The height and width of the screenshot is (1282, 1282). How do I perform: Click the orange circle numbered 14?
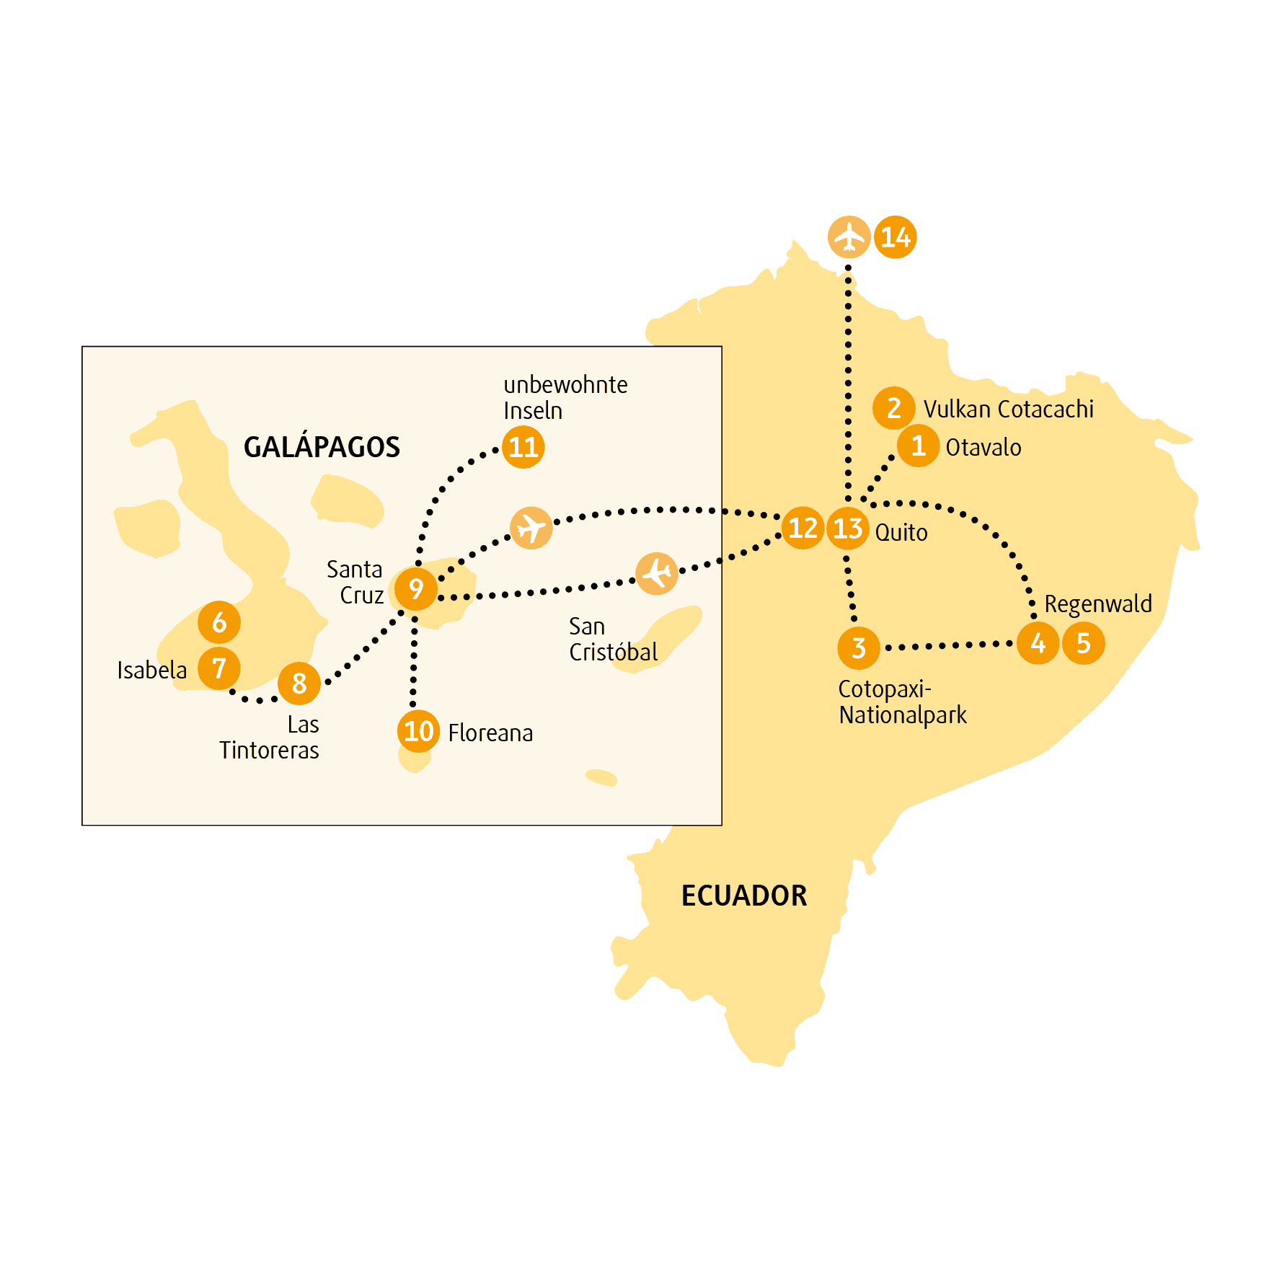[x=895, y=237]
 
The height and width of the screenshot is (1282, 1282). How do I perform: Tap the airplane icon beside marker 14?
[x=849, y=237]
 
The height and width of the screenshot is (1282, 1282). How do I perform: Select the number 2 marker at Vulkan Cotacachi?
[x=894, y=408]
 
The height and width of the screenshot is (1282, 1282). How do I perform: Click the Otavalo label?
[x=983, y=447]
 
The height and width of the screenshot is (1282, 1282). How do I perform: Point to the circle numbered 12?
[x=803, y=528]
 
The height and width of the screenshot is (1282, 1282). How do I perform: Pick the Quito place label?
[x=901, y=533]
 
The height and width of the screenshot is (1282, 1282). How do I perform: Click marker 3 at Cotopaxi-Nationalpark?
[x=859, y=647]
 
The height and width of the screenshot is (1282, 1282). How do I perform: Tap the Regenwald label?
[x=1098, y=604]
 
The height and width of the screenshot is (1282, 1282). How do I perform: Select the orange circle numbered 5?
[x=1083, y=643]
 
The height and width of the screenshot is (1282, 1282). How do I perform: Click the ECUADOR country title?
[x=744, y=896]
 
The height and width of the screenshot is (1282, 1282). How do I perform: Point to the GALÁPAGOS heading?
[x=322, y=447]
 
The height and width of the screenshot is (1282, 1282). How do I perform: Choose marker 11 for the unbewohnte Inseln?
[x=523, y=447]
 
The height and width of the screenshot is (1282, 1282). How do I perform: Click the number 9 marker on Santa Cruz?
[x=416, y=589]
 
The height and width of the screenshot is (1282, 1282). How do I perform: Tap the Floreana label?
[x=490, y=733]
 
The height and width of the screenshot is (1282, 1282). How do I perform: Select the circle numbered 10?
[x=418, y=731]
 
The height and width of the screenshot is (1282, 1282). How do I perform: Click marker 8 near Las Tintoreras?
[x=299, y=684]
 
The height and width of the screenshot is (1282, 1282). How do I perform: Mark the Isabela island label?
[x=152, y=670]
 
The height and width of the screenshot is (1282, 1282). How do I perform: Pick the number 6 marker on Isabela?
[x=219, y=622]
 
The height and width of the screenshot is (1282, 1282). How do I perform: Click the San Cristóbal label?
[x=613, y=639]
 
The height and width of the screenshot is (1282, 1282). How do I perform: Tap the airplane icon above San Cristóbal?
[x=657, y=574]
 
